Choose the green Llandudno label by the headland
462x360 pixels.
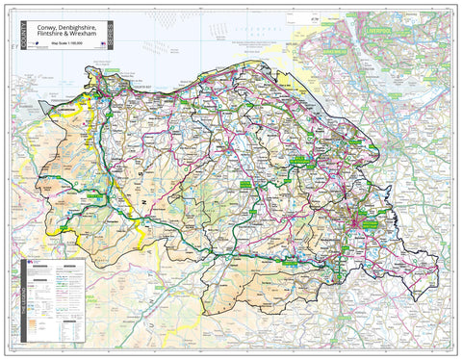[x=113, y=70]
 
